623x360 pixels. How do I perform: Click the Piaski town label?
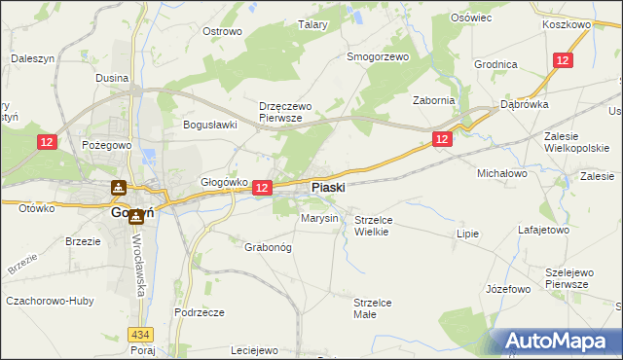click(327, 187)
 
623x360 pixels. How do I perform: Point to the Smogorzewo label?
click(378, 56)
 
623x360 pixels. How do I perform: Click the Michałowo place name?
click(501, 172)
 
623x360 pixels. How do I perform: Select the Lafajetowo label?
click(542, 231)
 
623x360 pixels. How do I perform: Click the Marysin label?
click(319, 218)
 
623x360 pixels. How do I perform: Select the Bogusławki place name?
click(211, 125)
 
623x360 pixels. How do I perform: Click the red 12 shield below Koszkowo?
click(563, 60)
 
